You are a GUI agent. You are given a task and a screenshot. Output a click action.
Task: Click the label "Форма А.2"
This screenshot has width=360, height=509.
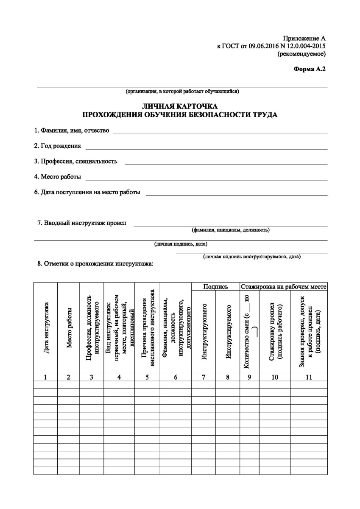pos(310,68)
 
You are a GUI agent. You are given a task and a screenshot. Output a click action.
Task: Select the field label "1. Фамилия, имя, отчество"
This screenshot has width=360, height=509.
pos(72,131)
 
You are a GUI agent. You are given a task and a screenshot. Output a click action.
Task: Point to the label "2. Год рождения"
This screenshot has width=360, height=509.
pos(58,146)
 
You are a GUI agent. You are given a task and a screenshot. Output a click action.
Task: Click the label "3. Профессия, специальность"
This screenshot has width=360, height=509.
pos(76,162)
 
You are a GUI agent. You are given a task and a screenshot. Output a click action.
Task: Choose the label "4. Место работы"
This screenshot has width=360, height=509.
pos(58,177)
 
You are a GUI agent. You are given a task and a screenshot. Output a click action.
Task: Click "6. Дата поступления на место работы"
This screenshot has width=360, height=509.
pos(87,192)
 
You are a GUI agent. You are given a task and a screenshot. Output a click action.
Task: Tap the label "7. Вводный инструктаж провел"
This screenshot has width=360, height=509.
pos(82,223)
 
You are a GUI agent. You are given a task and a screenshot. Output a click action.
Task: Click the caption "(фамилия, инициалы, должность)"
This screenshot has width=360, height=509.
pos(231,230)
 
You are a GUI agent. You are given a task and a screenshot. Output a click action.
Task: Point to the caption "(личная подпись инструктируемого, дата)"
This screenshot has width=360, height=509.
pos(252,257)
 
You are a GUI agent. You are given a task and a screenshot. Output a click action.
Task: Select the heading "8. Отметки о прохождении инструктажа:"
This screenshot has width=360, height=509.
pos(95,264)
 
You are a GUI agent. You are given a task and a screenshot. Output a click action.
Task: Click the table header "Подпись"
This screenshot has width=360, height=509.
pos(215,287)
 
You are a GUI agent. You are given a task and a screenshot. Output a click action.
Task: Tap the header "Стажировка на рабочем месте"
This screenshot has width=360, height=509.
pos(284,287)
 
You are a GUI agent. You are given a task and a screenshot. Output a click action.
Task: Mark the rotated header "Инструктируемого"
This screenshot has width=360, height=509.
pos(228,331)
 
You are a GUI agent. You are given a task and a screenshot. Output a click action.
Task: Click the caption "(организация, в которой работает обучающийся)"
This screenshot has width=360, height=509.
pos(182,91)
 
